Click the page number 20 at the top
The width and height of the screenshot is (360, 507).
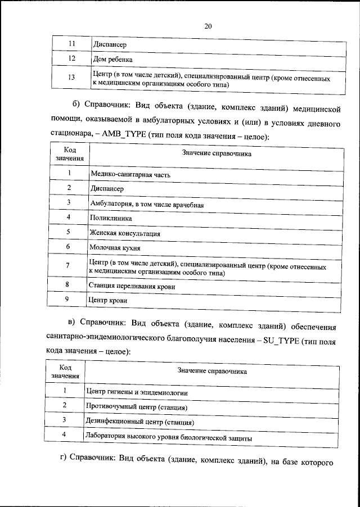208,26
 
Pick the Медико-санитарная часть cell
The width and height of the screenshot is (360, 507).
130,175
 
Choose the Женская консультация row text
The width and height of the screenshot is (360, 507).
125,232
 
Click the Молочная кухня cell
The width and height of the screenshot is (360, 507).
114,247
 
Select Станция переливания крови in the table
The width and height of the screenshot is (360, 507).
132,286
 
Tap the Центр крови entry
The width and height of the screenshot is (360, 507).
107,301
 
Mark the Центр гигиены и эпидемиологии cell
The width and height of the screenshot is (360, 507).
136,392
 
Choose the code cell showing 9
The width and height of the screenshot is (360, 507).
67,300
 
